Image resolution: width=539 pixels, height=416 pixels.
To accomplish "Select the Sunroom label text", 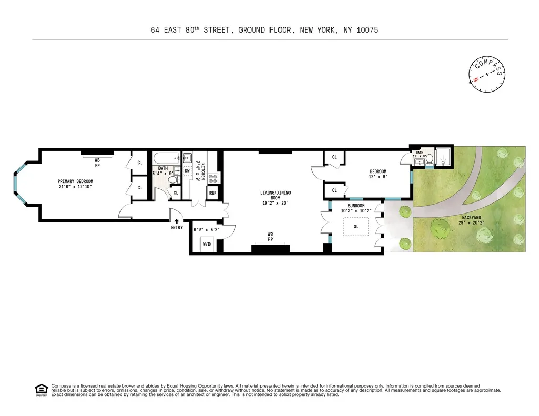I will (x=356, y=208).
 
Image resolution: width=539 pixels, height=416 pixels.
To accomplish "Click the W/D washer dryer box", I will (x=207, y=245).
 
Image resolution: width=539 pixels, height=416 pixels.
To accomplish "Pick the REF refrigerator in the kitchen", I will (x=213, y=193).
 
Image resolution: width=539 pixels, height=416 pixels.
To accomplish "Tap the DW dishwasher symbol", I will (x=187, y=170).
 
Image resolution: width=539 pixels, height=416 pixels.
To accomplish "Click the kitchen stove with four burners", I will (x=214, y=178).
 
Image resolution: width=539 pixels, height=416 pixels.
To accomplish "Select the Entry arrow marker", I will (x=177, y=222).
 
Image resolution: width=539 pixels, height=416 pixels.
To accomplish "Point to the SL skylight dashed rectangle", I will (x=356, y=228).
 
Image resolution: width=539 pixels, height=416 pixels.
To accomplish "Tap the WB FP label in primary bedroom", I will (x=97, y=161).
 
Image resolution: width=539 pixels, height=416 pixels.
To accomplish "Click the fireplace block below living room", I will (x=270, y=248).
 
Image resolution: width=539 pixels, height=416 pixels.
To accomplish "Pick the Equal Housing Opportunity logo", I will (x=41, y=390).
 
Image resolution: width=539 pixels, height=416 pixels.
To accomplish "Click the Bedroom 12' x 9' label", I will (x=378, y=174).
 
